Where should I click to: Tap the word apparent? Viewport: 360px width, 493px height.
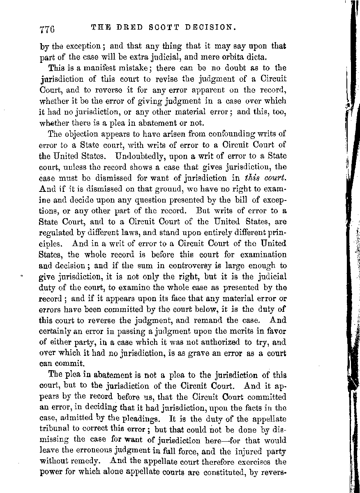pos(212,90)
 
